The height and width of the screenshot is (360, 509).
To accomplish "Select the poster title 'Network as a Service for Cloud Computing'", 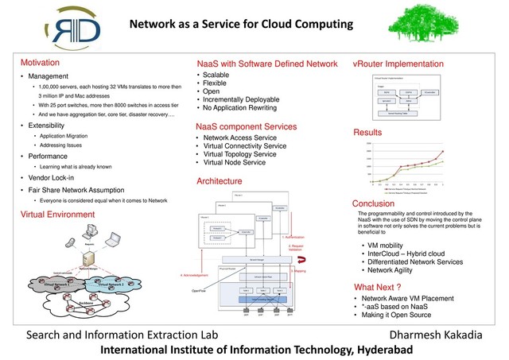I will point(242,25).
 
